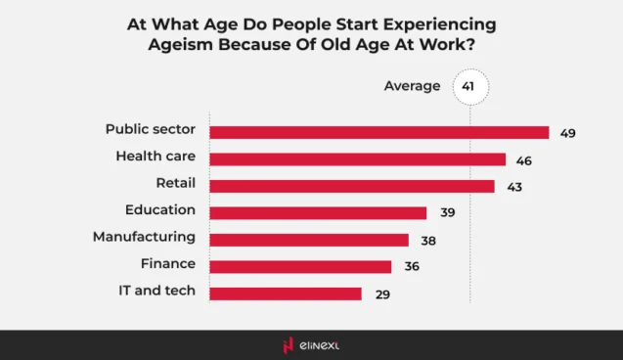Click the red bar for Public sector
(378, 132)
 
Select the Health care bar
(357, 158)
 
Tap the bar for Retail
(351, 186)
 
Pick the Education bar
(318, 212)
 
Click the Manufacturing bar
(308, 240)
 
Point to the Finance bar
(300, 266)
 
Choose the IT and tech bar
(285, 292)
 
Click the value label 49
(567, 132)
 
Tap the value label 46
(524, 158)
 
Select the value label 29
(381, 292)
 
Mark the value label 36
(411, 266)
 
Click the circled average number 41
(468, 86)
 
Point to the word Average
(412, 86)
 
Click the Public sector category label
(151, 129)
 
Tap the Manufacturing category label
(144, 237)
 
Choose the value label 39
(446, 212)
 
